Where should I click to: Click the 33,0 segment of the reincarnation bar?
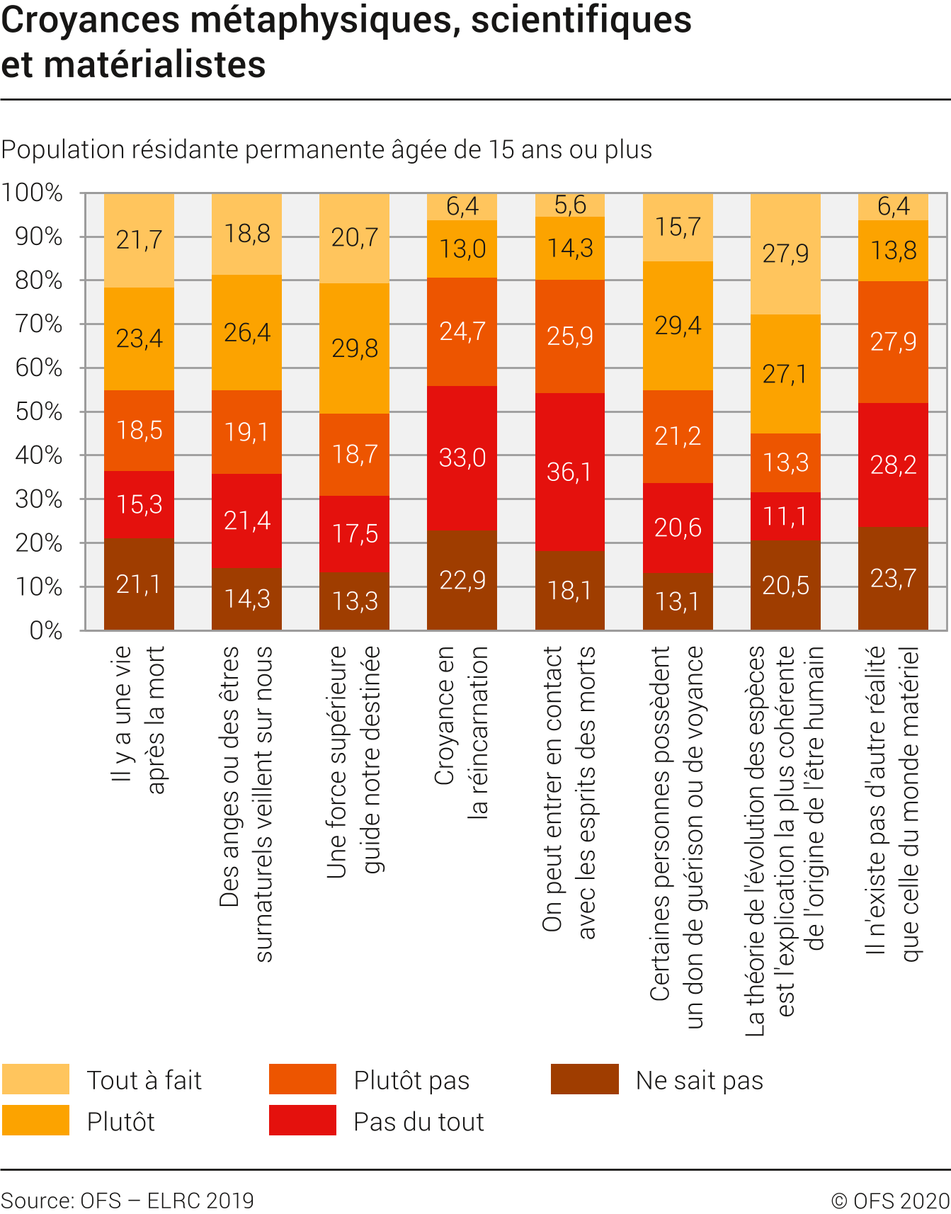[x=462, y=458]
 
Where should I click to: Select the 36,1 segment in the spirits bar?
[x=569, y=472]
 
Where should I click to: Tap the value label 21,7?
[x=139, y=240]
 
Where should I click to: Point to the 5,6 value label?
[x=570, y=205]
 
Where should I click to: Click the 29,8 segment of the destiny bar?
[x=354, y=348]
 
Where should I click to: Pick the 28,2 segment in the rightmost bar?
[x=893, y=465]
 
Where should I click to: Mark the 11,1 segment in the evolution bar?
[x=785, y=516]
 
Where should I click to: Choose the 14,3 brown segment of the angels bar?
[x=246, y=599]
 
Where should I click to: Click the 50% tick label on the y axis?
[x=39, y=412]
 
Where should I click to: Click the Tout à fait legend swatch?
[x=35, y=1079]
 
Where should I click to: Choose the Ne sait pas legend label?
[x=700, y=1080]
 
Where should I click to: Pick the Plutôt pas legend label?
[x=411, y=1080]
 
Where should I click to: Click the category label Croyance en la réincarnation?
[x=461, y=732]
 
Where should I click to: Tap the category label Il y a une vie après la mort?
[x=139, y=719]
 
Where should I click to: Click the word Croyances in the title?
[x=90, y=20]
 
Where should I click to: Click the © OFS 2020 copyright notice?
[x=890, y=1201]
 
